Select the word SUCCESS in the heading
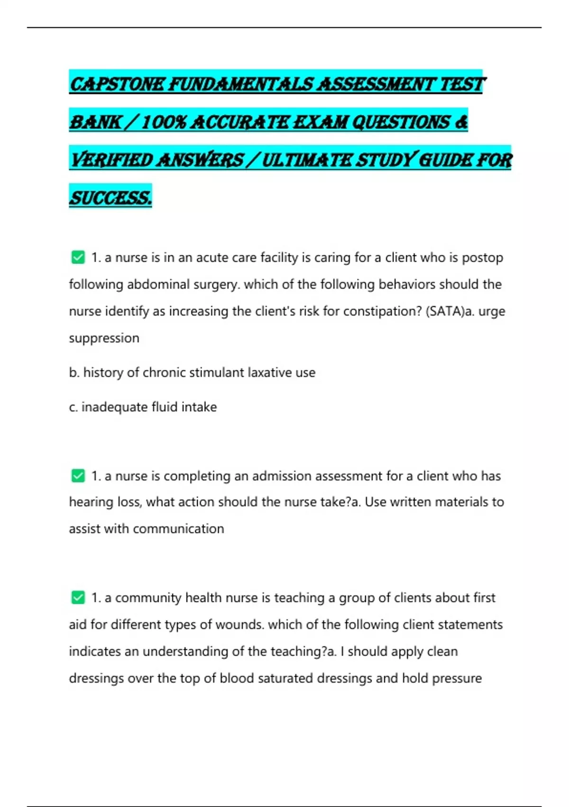point(110,197)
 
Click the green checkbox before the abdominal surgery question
point(78,258)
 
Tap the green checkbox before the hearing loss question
point(78,476)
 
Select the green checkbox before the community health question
point(78,598)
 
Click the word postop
point(482,258)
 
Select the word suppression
point(104,338)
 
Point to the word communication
point(178,529)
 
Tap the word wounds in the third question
point(239,625)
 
